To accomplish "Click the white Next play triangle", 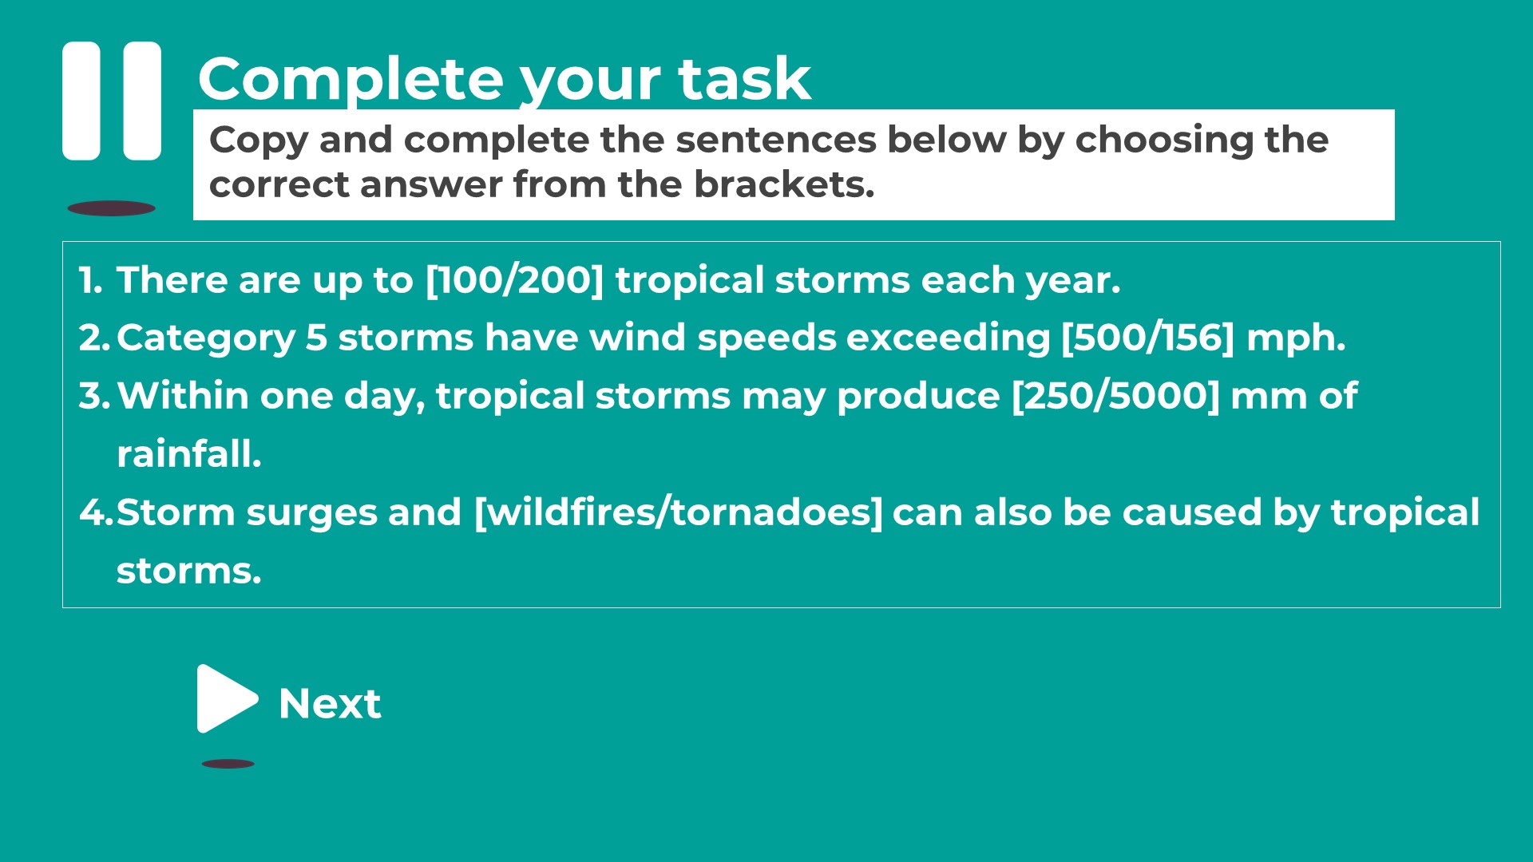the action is point(225,698).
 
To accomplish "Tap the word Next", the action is point(330,703).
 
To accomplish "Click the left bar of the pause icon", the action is point(81,101).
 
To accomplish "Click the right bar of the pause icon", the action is point(142,101).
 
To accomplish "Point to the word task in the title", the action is point(744,79).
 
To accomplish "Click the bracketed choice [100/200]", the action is point(515,280).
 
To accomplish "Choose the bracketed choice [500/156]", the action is point(1148,338).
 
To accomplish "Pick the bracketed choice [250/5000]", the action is point(1116,396).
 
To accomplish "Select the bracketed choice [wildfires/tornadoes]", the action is point(679,512).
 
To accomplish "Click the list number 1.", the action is point(89,280).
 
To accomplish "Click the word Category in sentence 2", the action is point(206,338).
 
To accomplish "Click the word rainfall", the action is point(189,453).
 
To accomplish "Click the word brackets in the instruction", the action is point(784,184).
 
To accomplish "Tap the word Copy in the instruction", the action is point(259,141).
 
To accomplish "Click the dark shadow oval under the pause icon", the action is point(111,208).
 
